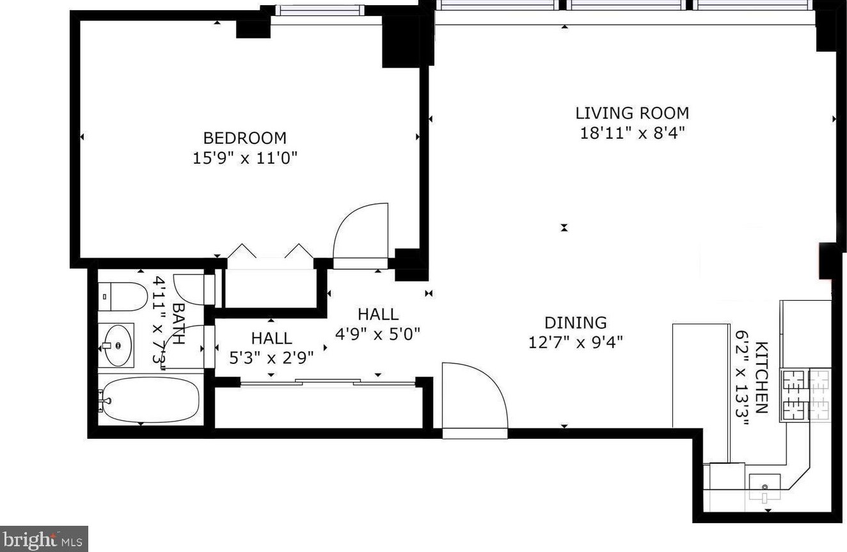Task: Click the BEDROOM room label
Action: (245, 138)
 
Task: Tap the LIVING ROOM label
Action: (632, 113)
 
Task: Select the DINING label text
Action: (576, 322)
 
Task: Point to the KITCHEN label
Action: (761, 377)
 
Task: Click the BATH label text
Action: (178, 324)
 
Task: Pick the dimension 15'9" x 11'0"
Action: (245, 158)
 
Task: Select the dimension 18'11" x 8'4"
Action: (632, 133)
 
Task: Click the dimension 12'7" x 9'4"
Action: (575, 343)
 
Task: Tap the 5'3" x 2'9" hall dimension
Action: (271, 358)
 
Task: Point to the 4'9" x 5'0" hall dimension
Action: (377, 334)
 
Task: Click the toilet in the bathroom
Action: (123, 297)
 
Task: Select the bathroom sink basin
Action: (118, 345)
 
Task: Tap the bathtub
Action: (150, 400)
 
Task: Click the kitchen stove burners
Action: (805, 395)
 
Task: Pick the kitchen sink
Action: (765, 488)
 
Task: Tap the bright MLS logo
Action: (44, 539)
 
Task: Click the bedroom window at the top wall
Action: (319, 10)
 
